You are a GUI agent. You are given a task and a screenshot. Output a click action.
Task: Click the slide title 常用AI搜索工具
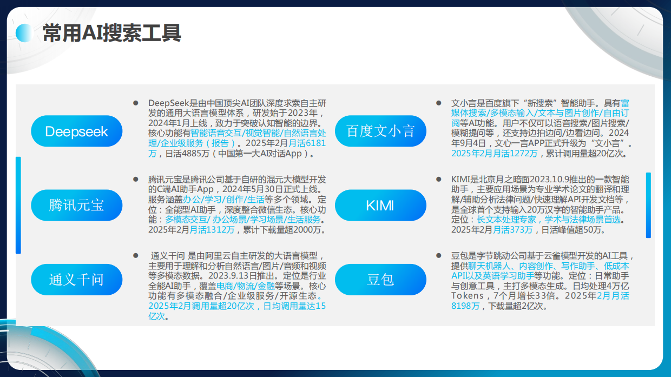(111, 34)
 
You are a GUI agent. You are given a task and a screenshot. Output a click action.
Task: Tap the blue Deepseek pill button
(77, 131)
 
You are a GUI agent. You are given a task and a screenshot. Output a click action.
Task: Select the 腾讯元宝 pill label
(77, 206)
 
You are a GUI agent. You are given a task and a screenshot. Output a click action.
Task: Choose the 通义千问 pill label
(77, 280)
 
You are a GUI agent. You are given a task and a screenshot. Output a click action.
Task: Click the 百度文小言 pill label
(380, 131)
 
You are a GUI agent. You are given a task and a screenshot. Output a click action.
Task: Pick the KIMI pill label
(380, 206)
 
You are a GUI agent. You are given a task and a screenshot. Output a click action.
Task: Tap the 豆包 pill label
(380, 280)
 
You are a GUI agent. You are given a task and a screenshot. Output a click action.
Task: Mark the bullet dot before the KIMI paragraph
(439, 178)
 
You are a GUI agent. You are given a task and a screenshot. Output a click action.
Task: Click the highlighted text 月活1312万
(212, 230)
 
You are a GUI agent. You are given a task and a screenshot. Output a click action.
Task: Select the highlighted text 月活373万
(512, 230)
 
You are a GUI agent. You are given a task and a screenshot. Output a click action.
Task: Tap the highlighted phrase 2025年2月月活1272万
(495, 154)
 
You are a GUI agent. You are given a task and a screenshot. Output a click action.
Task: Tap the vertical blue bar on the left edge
(18, 206)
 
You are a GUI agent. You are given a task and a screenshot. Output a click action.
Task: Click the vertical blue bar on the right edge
(648, 206)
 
